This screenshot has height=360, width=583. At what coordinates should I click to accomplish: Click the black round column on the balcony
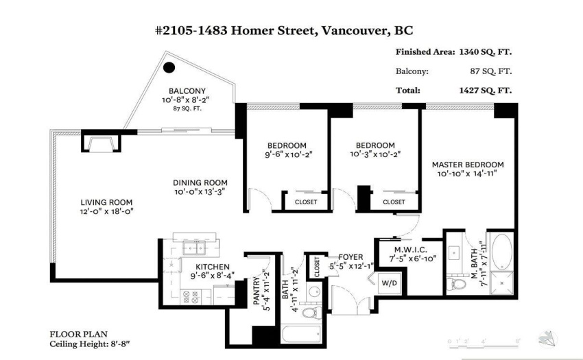169,67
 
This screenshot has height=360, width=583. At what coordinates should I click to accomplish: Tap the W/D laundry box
390,283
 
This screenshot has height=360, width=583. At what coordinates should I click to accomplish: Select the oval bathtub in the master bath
501,251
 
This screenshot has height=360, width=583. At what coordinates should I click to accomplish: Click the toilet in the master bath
456,284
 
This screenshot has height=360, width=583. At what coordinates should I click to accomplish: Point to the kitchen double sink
194,248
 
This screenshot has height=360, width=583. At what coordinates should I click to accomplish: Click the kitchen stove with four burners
190,297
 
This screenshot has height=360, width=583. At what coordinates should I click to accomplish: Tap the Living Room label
106,202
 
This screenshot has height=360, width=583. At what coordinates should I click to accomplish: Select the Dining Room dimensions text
200,192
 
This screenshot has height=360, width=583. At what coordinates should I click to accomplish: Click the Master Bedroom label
468,165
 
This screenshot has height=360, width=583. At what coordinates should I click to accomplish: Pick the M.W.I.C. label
410,250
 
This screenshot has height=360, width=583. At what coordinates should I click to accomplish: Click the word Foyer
350,257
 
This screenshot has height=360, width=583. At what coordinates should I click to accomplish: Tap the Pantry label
257,291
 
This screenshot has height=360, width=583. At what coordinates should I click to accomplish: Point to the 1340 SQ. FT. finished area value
485,51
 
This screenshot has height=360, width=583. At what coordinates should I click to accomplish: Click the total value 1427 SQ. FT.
485,90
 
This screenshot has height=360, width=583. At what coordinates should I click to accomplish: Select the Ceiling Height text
90,344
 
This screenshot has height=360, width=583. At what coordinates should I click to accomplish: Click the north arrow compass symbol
548,339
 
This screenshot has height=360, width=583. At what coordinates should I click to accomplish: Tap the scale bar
484,344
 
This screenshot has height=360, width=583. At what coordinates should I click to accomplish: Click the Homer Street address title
284,30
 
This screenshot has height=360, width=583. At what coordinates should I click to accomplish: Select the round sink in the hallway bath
315,291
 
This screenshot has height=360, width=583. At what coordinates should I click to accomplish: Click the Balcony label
187,91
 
